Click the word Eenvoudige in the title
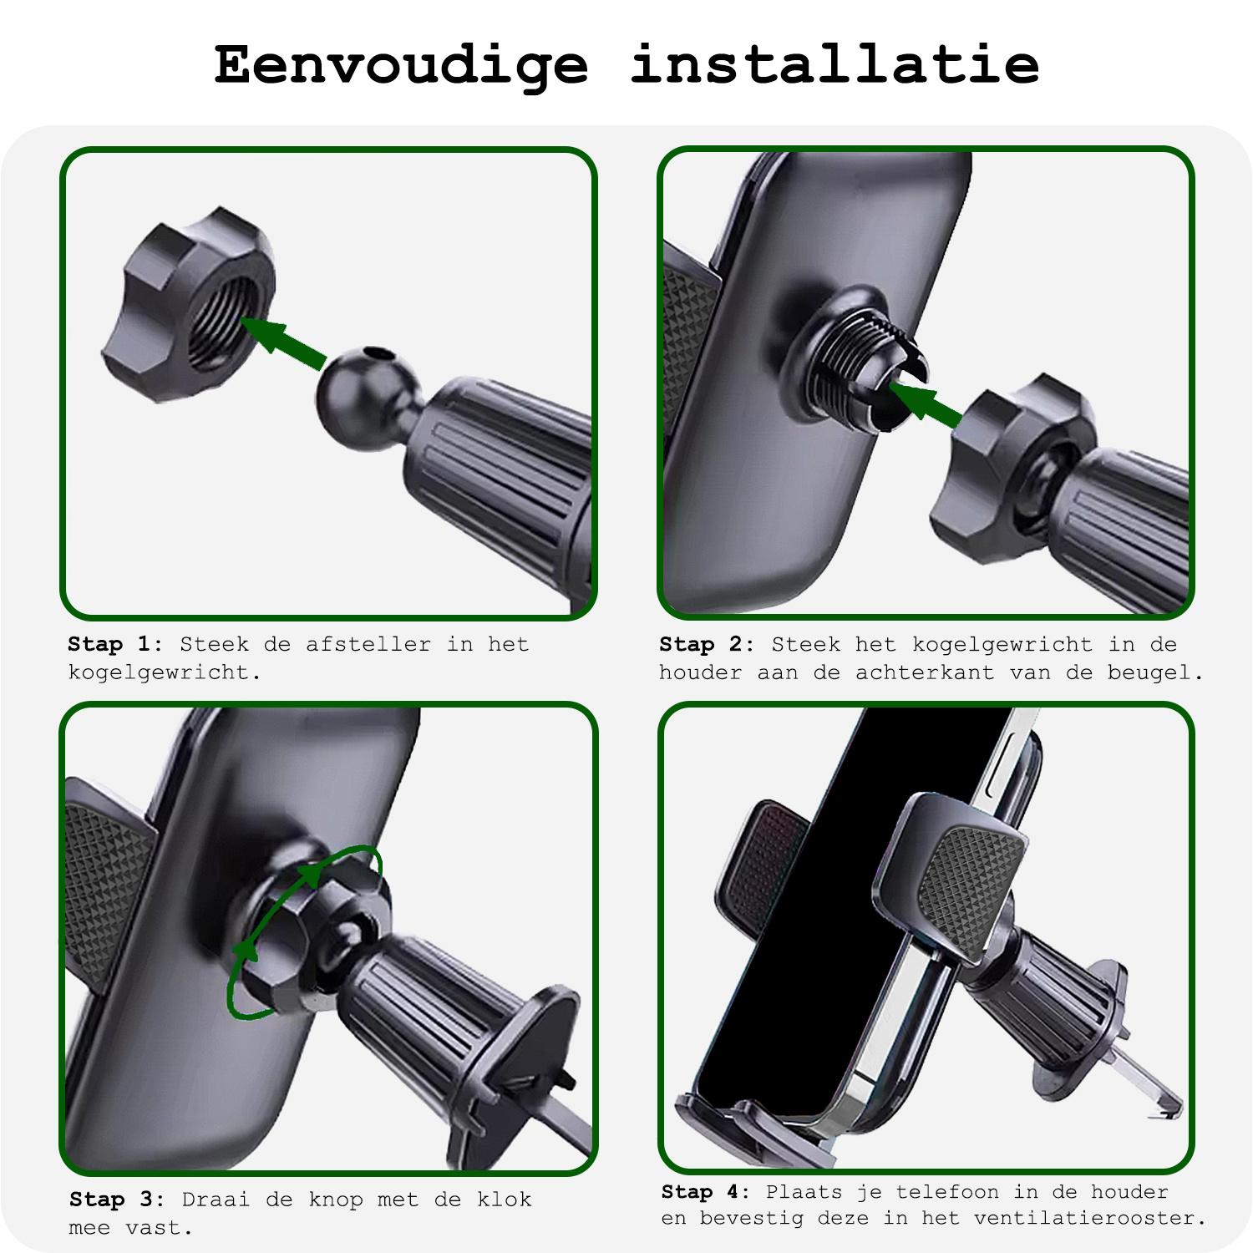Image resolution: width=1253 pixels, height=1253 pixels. (401, 65)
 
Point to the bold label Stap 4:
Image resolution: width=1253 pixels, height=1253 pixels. (706, 1192)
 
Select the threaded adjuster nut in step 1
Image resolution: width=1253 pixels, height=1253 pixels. (192, 305)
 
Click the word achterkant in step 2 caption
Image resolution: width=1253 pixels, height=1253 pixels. (925, 672)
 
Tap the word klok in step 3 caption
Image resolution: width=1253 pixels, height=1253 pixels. (504, 1200)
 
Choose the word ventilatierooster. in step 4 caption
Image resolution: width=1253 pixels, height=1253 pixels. (1090, 1218)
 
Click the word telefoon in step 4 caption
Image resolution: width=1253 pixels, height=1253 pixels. (947, 1192)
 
